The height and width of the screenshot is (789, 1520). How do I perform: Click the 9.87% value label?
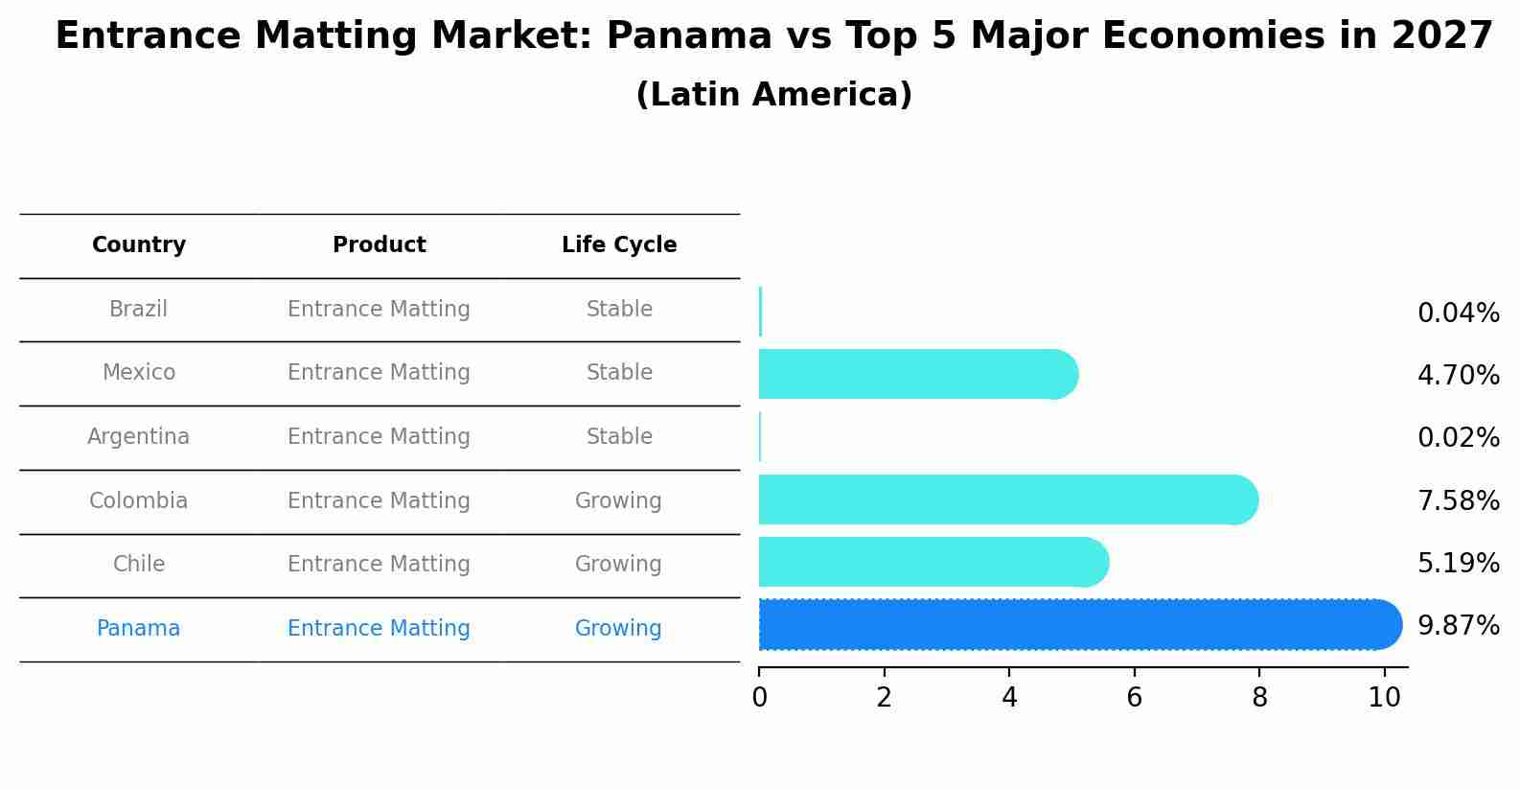1458,626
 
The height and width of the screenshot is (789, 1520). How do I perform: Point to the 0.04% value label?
1458,313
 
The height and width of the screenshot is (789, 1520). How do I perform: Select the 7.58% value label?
1458,500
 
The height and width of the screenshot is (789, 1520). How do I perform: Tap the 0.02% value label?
1458,438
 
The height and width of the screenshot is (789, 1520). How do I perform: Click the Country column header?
139,245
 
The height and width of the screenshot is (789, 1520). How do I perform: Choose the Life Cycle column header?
619,245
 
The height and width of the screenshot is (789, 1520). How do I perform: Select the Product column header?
379,245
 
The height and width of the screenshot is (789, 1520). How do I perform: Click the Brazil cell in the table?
139,310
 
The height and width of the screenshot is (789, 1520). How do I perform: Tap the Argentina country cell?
139,437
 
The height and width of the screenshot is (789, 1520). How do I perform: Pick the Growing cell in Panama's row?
618,629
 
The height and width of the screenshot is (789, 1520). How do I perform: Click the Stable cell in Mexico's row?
619,373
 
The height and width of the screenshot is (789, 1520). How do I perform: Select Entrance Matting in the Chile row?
379,565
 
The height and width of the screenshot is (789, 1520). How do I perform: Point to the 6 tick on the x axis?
1134,698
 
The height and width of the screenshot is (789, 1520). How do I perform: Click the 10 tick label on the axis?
1384,698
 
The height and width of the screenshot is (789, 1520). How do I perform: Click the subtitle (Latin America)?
773,95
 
